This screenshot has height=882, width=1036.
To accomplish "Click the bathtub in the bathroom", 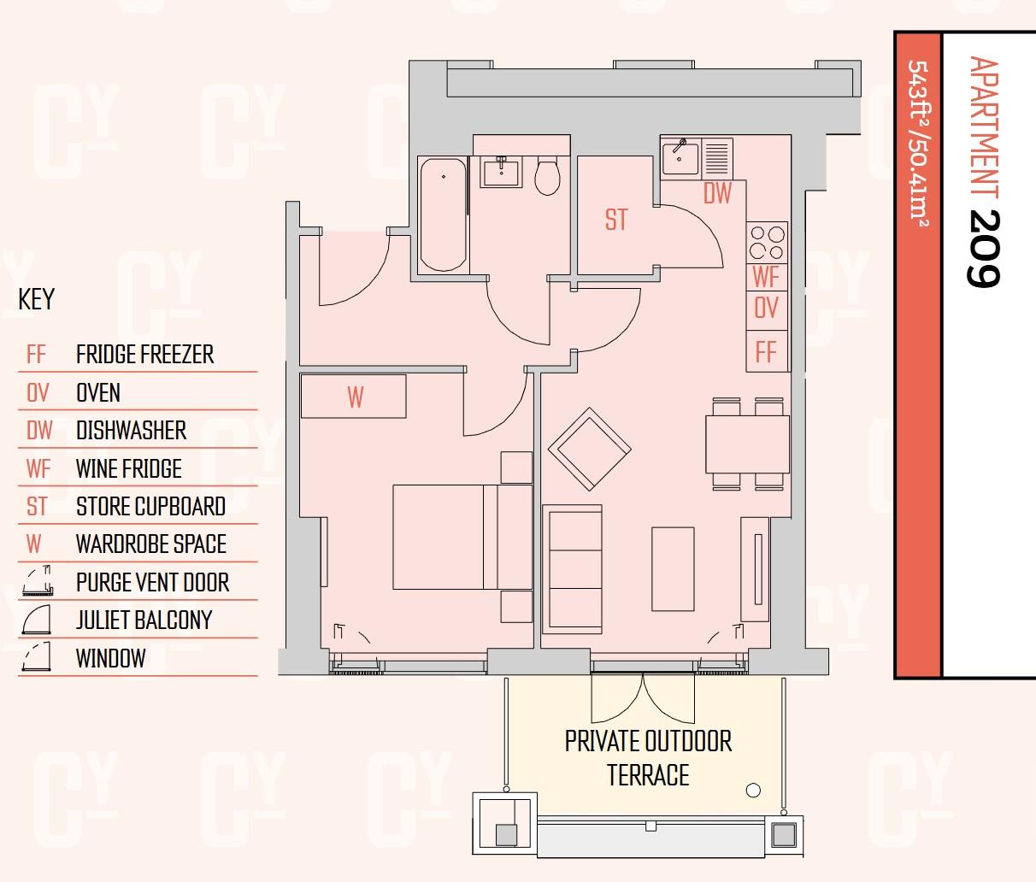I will click(443, 215).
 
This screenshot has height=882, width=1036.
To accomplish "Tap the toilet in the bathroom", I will click(547, 176).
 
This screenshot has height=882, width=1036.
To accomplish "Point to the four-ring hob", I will click(767, 242).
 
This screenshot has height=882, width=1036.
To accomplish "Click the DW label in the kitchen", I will click(717, 194).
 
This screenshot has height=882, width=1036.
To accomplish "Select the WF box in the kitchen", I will click(767, 277).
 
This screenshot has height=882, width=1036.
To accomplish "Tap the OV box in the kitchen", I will click(767, 308).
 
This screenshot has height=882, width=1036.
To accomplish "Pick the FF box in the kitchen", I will click(767, 351).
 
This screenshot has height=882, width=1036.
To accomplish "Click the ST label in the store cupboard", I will click(615, 220).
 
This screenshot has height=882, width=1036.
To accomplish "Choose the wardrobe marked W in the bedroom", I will click(354, 397).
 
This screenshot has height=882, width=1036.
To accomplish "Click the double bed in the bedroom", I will click(462, 537).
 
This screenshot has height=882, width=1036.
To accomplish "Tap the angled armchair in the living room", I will click(590, 449).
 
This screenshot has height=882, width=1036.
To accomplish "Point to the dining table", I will click(747, 444).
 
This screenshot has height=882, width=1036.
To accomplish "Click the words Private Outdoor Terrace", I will click(648, 758).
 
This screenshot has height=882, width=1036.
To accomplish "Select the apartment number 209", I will click(983, 248).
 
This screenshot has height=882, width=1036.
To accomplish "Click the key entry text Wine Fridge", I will click(129, 468).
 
